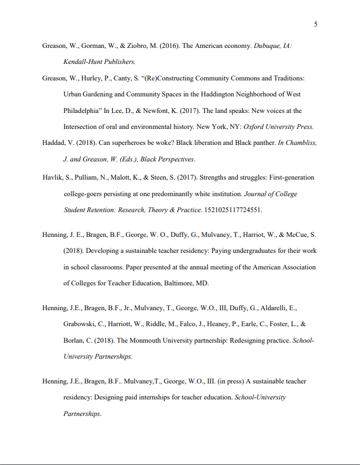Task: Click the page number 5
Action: (x=315, y=24)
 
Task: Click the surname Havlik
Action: (x=53, y=177)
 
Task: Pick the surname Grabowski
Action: (x=83, y=325)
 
